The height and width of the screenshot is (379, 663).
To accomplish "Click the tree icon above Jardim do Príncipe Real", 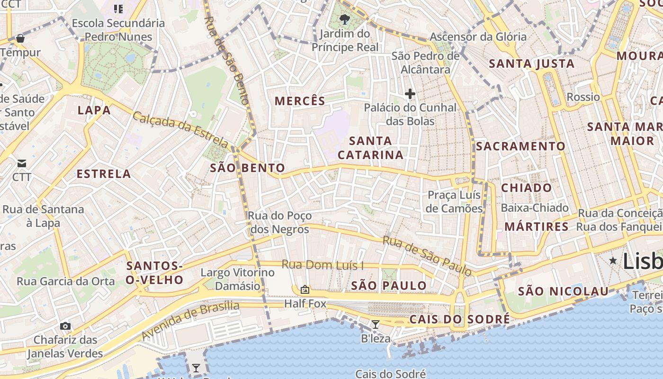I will point(345,19).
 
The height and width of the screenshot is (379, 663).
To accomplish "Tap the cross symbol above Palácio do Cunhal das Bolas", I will point(410,94).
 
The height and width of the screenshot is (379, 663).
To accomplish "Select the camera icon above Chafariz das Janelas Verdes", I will point(65,326).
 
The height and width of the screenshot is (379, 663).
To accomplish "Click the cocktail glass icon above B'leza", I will point(376,325).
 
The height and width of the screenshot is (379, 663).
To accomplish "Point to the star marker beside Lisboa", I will point(613,260).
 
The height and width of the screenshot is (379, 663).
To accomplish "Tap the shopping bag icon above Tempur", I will point(20,38).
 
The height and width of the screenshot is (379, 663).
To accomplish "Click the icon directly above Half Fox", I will point(305,289).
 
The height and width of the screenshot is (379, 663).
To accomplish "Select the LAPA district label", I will point(94,110).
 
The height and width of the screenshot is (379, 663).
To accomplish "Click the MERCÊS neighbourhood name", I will point(300,101).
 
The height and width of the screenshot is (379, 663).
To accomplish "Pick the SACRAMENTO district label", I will point(521,146).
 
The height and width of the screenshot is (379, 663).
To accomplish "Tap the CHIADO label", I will point(527,188).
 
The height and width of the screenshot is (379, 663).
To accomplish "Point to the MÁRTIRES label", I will point(537,226).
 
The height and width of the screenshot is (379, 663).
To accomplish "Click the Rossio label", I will point(583,97).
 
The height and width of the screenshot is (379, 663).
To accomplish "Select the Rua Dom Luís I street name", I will point(323,264).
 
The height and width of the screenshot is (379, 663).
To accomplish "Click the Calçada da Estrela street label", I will point(180,128).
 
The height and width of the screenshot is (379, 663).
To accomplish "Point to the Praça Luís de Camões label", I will point(454,201).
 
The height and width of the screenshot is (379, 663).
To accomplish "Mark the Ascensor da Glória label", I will point(478,36).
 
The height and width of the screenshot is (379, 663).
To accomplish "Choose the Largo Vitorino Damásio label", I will point(238,279).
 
